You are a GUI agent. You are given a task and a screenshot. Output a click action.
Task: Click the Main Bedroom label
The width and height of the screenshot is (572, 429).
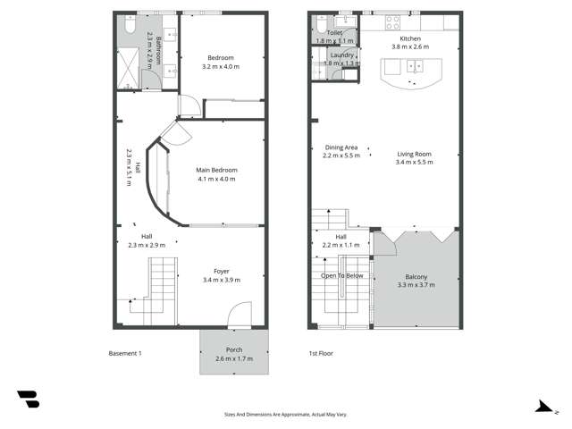(215, 169)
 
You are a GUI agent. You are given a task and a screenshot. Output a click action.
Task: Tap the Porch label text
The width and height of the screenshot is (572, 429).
(234, 349)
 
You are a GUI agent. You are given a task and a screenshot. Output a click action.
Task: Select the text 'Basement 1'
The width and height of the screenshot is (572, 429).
(124, 353)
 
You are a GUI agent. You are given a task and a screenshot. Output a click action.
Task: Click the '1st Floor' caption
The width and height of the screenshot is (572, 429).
(320, 353)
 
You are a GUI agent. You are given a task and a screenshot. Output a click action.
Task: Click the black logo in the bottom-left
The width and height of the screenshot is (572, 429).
(28, 400)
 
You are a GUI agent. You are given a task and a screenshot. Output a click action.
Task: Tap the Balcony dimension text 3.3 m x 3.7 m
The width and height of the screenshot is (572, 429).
(416, 285)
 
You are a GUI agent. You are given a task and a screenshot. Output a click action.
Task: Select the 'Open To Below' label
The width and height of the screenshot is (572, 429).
(342, 275)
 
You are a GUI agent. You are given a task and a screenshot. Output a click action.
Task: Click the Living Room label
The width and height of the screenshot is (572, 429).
(415, 154)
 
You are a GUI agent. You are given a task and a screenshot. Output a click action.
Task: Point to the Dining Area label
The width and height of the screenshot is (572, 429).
(341, 147)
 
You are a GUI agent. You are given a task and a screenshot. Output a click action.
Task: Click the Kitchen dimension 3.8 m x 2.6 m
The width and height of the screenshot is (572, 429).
(410, 47)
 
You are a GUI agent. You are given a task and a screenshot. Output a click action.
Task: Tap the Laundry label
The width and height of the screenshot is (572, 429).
(341, 55)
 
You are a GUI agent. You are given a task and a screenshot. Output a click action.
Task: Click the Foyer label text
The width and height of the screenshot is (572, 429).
(222, 271)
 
